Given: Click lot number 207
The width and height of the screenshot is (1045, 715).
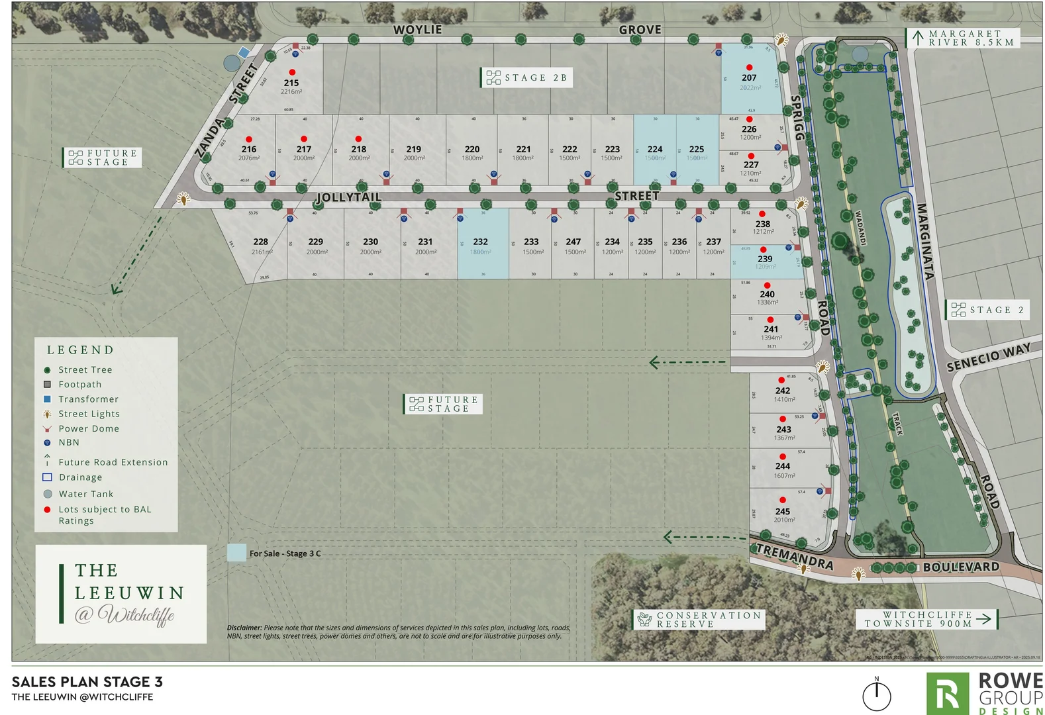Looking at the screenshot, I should tap(749, 78).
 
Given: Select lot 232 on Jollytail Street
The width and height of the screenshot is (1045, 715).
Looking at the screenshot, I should tap(481, 242).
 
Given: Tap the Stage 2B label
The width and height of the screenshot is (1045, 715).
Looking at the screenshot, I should tap(526, 77).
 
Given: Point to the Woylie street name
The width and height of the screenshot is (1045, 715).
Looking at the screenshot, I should tap(417, 30).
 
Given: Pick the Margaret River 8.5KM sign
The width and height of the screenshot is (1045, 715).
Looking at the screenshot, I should tap(963, 38).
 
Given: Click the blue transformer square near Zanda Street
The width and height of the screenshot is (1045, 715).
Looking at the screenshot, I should tap(244, 52).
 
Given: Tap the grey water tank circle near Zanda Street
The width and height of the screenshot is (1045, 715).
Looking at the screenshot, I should tap(232, 63).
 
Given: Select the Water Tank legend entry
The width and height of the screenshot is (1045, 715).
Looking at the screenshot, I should tap(85, 494).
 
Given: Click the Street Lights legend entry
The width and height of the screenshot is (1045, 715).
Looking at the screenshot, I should tap(89, 414).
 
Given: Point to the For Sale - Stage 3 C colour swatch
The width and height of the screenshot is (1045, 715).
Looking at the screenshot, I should tap(236, 553).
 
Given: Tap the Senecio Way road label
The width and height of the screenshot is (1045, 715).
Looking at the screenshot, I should tap(988, 357).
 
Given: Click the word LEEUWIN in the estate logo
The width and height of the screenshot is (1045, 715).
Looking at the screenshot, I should tap(130, 593).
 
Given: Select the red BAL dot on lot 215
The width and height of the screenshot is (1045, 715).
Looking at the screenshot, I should tap(292, 72).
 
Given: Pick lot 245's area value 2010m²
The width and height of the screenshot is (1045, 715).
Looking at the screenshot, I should tap(784, 520).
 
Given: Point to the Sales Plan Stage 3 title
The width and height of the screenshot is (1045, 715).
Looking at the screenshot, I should tap(87, 682).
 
